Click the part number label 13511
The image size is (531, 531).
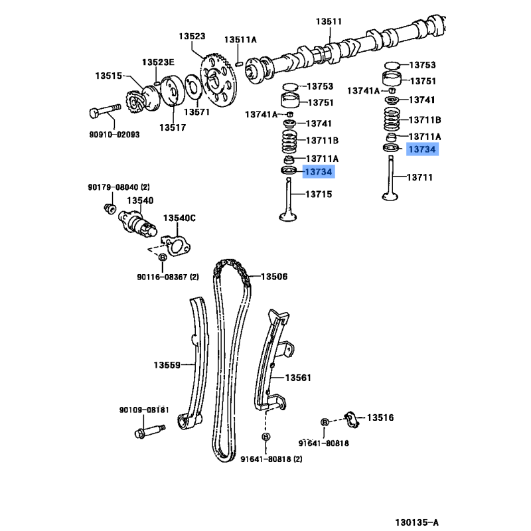[x=329, y=21]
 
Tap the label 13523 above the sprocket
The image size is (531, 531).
[x=192, y=37]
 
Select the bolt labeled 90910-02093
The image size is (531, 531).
[x=105, y=111]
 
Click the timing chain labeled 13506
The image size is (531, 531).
[x=232, y=360]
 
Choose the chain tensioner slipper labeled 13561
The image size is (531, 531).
[x=272, y=360]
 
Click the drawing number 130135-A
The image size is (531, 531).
[x=417, y=522]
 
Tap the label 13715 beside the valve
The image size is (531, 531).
[x=319, y=194]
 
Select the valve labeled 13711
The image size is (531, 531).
[x=390, y=178]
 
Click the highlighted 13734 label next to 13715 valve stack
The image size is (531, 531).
[x=319, y=172]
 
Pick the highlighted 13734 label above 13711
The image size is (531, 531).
[x=422, y=149]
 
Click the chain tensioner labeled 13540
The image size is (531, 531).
[x=137, y=224]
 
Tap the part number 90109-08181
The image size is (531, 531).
[x=144, y=410]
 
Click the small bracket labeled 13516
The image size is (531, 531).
[x=352, y=420]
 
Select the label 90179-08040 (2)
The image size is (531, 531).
[x=119, y=187]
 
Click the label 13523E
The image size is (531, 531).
[x=158, y=62]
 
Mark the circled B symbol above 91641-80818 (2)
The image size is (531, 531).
[x=266, y=437]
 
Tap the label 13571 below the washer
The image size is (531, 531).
[x=196, y=112]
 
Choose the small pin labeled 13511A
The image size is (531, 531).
[x=239, y=62]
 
